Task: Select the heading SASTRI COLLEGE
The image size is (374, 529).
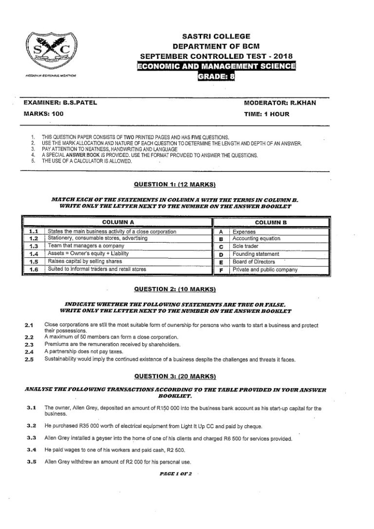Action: coord(216,36)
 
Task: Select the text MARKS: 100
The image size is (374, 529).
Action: coord(43,114)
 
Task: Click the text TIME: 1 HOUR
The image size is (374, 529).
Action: coord(266,114)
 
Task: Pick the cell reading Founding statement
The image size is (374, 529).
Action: coord(256,254)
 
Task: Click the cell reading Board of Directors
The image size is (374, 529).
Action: coord(254,262)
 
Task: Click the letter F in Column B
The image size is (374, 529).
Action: coord(221,269)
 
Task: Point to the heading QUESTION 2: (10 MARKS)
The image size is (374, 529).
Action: coord(174,289)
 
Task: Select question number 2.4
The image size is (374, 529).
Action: coord(29,351)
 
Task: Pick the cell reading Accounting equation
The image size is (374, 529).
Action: coord(256,239)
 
